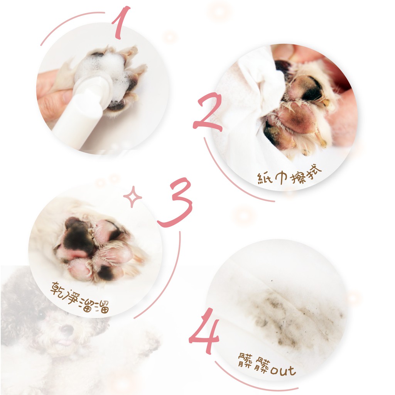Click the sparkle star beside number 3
[x=133, y=197]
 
